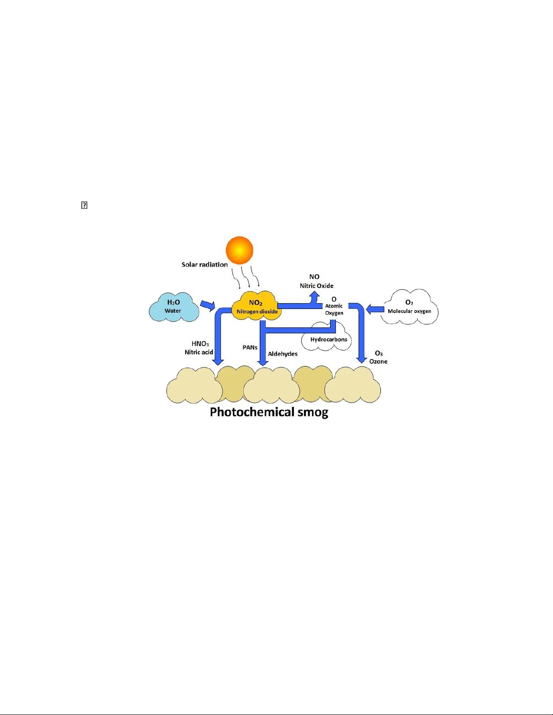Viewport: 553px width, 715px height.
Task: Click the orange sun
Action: coord(239,250)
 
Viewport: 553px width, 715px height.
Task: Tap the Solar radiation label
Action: coord(204,264)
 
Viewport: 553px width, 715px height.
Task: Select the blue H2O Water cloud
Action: coord(174,307)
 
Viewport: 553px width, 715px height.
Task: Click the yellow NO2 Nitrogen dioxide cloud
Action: coord(256,306)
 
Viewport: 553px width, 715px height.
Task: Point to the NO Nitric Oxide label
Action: coord(316,281)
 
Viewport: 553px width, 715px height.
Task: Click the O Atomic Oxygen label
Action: coord(334,306)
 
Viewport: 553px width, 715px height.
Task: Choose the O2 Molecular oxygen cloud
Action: coord(409,307)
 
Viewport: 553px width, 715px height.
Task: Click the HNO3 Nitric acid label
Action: coord(199,348)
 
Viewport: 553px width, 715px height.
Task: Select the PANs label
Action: coord(250,347)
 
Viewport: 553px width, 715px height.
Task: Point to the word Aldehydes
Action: coord(283,354)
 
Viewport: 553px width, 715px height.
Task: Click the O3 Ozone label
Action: coord(378,357)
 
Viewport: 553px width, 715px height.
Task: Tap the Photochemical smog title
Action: coord(269,412)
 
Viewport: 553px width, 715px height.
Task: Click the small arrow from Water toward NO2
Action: coord(208,306)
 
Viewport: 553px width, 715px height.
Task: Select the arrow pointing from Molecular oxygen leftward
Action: coord(375,309)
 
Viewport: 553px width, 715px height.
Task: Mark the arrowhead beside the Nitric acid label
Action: coord(218,362)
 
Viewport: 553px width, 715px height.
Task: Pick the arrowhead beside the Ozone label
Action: coord(362,360)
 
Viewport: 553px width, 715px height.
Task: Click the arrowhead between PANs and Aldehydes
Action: coord(262,363)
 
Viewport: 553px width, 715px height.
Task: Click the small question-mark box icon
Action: coord(84,205)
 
